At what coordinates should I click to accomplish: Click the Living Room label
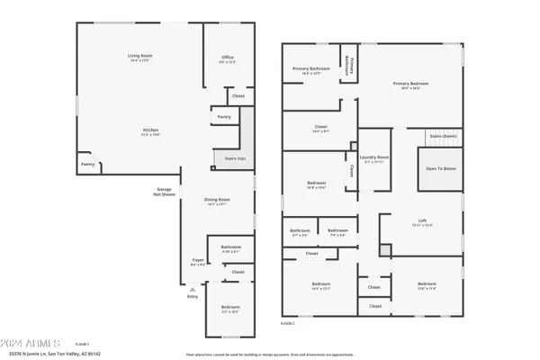139,58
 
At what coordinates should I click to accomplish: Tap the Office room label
228,59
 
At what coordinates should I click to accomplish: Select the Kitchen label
150,131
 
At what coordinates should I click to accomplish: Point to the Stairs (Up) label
223,159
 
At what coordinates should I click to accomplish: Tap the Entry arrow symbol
192,288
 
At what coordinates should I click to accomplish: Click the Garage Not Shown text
165,192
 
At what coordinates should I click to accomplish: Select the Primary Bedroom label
409,85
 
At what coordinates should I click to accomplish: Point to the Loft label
422,223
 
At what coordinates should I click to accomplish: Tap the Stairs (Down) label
443,136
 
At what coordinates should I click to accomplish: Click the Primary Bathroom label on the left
309,71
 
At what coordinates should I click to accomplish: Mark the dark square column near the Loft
385,251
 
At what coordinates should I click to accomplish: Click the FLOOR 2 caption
288,322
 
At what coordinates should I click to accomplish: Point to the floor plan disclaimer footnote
270,354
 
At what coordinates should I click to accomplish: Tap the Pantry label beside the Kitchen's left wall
88,165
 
